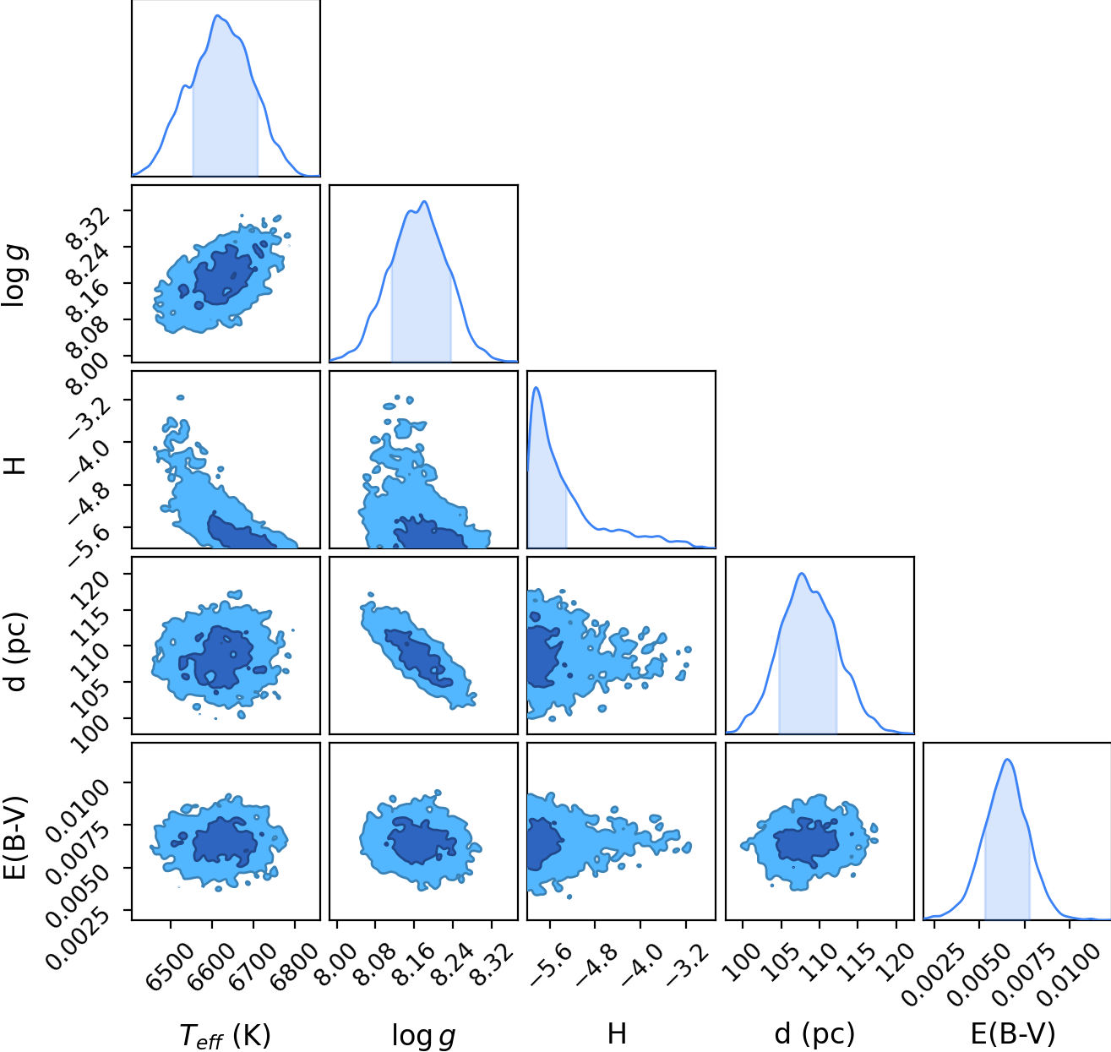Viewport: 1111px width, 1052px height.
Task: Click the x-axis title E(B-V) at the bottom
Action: click(x=1013, y=1034)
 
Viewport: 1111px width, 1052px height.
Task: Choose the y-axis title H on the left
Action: click(x=16, y=466)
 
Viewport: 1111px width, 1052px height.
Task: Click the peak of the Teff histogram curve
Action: click(x=218, y=15)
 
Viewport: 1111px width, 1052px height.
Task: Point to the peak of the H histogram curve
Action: click(x=536, y=387)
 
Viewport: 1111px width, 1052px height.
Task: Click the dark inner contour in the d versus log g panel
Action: click(x=417, y=657)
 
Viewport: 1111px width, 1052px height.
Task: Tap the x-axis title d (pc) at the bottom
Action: click(x=814, y=1034)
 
